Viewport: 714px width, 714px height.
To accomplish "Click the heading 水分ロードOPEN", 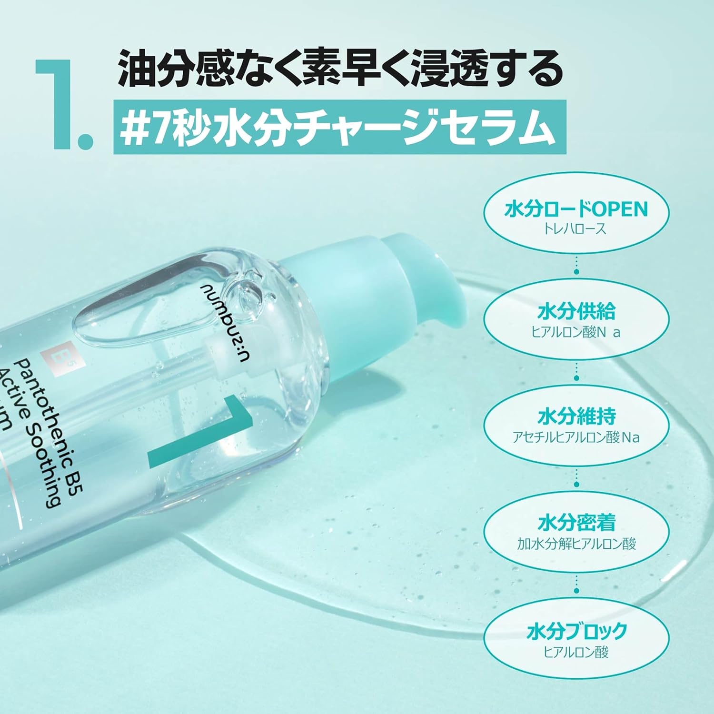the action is pyautogui.click(x=576, y=209).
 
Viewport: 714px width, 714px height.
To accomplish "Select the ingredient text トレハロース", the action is pyautogui.click(x=575, y=229).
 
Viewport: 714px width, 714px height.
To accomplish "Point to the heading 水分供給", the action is pyautogui.click(x=576, y=312).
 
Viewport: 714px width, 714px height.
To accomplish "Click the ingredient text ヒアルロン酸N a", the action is pyautogui.click(x=576, y=332).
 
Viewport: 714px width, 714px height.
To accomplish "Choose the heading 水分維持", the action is pyautogui.click(x=576, y=416).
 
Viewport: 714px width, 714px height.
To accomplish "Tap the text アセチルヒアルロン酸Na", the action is pyautogui.click(x=576, y=437).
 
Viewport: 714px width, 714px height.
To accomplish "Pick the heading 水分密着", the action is pyautogui.click(x=576, y=523).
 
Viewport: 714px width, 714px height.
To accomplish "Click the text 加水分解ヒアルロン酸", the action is pyautogui.click(x=576, y=543).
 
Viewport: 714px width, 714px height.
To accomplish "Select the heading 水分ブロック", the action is pyautogui.click(x=576, y=631).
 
